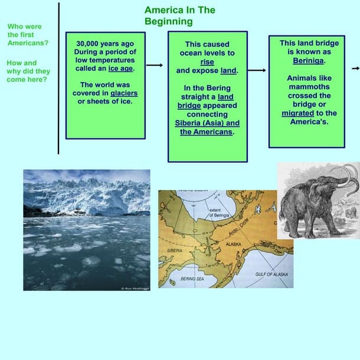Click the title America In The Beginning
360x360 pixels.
(x=179, y=16)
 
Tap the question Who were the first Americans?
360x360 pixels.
(x=28, y=35)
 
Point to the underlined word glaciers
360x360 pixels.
(x=124, y=93)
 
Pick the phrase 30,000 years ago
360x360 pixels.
(x=105, y=43)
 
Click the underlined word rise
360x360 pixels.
(x=207, y=62)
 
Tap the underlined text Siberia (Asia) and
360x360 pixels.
(x=207, y=123)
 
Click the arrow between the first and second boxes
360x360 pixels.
(x=154, y=66)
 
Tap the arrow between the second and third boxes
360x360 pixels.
(x=257, y=70)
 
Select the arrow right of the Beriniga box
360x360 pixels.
(x=355, y=68)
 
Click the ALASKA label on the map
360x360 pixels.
(x=234, y=243)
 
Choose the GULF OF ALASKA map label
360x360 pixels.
(x=271, y=274)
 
